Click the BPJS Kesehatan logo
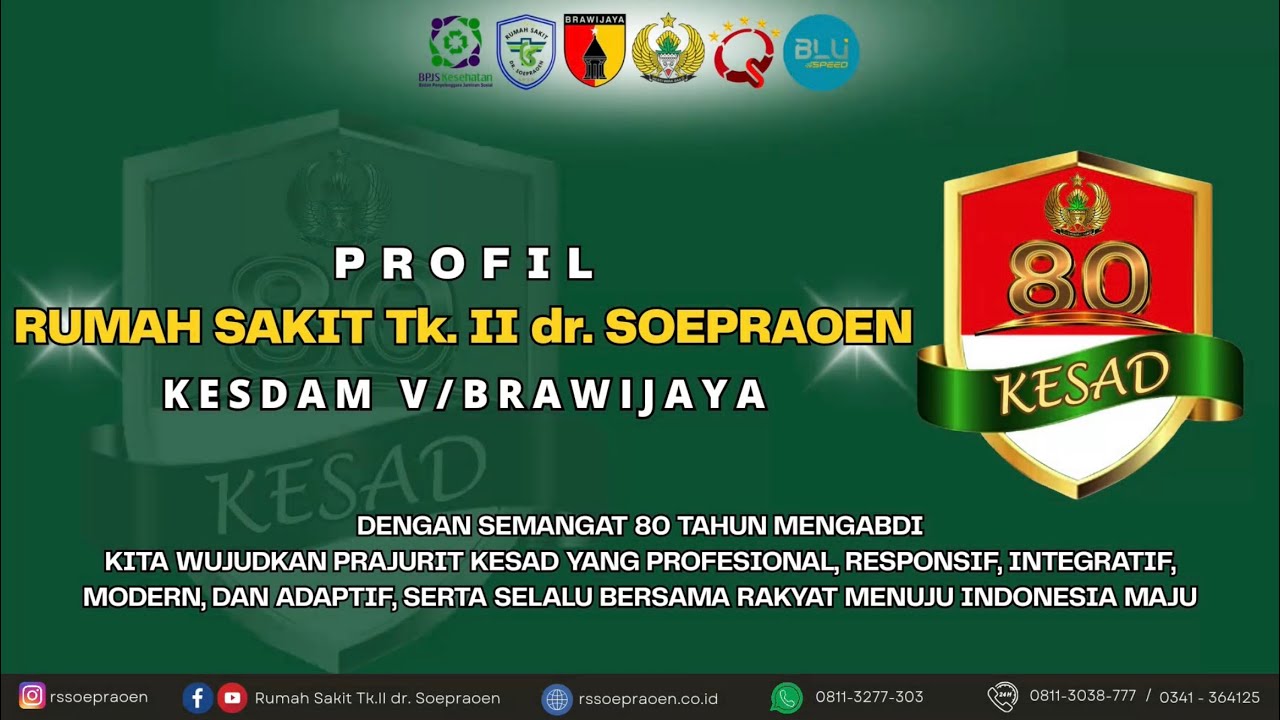[x=455, y=50]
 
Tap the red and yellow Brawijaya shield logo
[x=595, y=50]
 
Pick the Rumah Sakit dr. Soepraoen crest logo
[x=526, y=52]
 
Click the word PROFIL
[x=466, y=264]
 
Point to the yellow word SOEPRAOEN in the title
[x=759, y=327]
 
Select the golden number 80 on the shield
[x=1077, y=279]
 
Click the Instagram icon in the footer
[x=32, y=696]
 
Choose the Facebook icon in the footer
[x=198, y=697]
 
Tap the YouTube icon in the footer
[x=232, y=697]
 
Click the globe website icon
[x=556, y=698]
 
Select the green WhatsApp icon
[x=786, y=697]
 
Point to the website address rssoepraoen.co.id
[x=647, y=698]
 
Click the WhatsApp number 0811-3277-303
[x=869, y=697]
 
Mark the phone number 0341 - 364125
[x=1209, y=697]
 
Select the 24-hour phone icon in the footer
[x=1002, y=696]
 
